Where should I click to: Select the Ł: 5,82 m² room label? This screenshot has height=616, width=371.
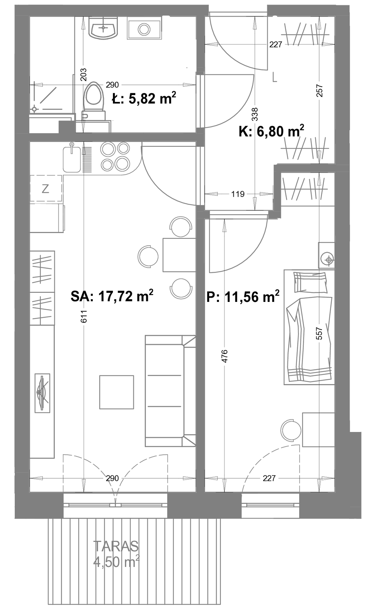[144, 98]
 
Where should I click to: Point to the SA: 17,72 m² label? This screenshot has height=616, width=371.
[112, 296]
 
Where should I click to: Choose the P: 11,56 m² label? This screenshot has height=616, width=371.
[243, 297]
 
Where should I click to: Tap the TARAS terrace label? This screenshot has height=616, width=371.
[116, 546]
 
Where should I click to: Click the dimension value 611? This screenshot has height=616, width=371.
[84, 316]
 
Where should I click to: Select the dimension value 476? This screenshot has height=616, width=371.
[225, 356]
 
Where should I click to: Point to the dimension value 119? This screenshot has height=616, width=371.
[238, 194]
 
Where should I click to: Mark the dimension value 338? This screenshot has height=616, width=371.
[255, 114]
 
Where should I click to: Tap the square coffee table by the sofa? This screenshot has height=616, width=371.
[117, 392]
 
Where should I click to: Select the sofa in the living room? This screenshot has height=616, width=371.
[170, 391]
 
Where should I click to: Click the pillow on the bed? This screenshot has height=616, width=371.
[310, 282]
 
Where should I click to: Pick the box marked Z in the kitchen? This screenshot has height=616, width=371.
[46, 189]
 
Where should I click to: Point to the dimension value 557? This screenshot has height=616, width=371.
[319, 333]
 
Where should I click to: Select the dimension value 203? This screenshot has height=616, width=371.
[84, 75]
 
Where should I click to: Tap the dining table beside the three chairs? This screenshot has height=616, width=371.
[179, 255]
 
